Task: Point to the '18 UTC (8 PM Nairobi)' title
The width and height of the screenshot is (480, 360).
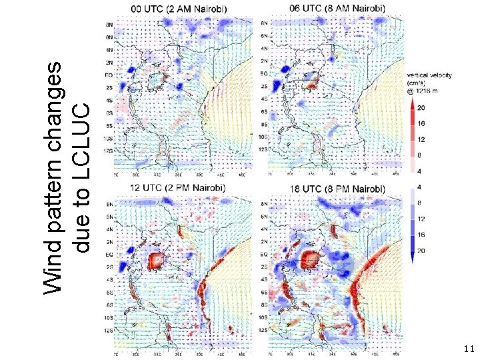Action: pos(338,189)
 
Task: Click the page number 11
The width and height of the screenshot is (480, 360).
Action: pos(468,349)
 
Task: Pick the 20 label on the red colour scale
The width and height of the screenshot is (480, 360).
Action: pos(421,107)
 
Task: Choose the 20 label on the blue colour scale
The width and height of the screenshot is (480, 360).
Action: pos(421,250)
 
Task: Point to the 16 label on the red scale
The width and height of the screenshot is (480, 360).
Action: pos(421,123)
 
